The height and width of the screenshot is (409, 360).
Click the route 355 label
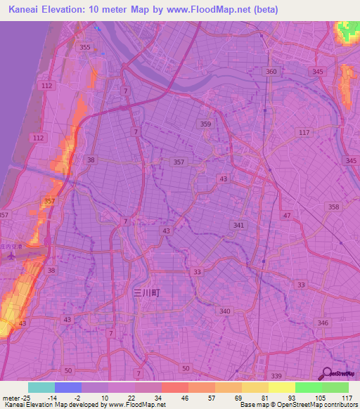point(85,47)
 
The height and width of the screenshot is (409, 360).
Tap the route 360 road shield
point(272,72)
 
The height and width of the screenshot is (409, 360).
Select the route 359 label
point(205,124)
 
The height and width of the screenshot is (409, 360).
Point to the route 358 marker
point(333,207)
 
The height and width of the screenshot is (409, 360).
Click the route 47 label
point(286,214)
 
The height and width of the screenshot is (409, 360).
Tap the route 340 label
point(225,311)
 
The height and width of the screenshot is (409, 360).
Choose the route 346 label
point(323,323)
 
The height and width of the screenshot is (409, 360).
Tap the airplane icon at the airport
point(10,254)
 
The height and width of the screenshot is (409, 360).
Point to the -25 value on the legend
point(28,397)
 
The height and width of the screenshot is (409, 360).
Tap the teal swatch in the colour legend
point(41,387)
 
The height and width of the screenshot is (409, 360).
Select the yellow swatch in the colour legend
point(281,387)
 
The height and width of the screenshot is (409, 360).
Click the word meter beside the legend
point(11,397)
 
